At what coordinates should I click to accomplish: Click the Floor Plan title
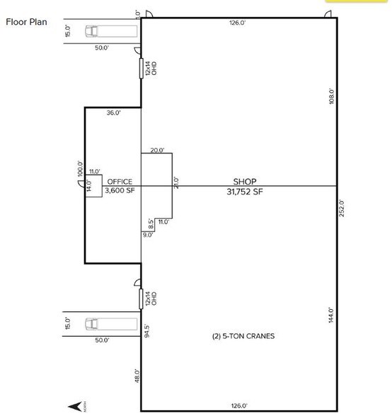point(27,21)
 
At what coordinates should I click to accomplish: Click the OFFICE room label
point(118,182)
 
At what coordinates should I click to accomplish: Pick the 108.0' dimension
point(330,96)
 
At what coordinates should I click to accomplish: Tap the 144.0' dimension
point(330,316)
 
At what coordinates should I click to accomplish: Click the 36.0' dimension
point(113,112)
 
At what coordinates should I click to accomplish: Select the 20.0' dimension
point(157,150)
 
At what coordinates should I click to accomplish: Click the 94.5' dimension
point(146,332)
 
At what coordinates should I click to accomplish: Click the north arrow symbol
point(73,406)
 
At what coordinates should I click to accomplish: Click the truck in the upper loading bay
point(92,30)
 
